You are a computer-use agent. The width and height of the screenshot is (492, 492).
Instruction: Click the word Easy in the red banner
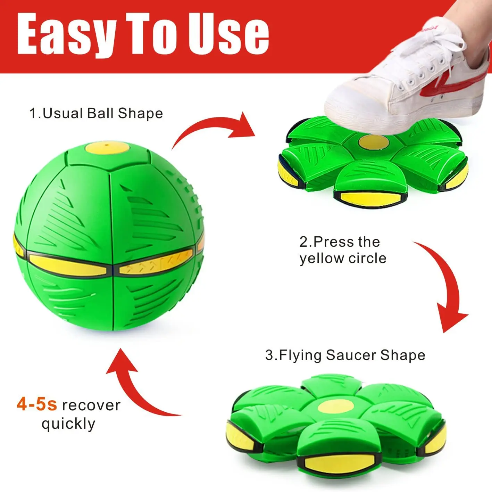coord(66,35)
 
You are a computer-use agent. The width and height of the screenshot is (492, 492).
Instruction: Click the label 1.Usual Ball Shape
coord(96,114)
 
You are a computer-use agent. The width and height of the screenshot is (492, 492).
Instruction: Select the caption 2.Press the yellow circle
coord(343,250)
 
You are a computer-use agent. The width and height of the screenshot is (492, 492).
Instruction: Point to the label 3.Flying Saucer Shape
coord(345,355)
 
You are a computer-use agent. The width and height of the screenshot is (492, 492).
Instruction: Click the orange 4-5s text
coord(37,405)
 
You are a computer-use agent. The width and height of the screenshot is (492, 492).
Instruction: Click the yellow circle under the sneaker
coord(373,141)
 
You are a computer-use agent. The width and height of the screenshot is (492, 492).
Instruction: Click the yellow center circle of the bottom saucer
coord(335,406)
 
